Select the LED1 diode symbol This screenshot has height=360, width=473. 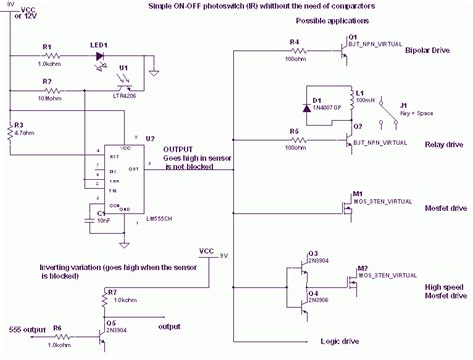100,56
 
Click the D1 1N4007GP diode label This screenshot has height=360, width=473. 321,103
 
